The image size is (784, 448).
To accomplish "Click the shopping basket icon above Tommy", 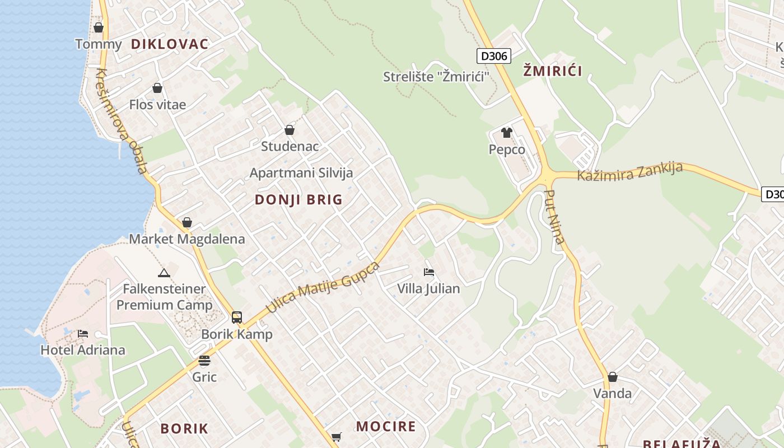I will pos(99,27).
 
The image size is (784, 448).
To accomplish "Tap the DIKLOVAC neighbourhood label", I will pos(170,44).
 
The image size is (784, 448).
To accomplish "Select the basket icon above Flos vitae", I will pos(157,88).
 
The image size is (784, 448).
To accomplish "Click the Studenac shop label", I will pos(290,146).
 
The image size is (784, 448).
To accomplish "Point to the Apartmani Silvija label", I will pos(301,172).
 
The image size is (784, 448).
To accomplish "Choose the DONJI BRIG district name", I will pos(298,200).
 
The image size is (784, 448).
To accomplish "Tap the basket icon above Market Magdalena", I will pos(187,223).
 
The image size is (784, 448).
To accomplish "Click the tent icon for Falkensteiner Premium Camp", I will pos(164,273).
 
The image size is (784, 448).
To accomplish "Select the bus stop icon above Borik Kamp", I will pos(237,318).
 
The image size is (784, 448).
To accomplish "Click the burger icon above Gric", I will pos(204,361).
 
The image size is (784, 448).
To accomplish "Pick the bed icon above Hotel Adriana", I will pos(83,334).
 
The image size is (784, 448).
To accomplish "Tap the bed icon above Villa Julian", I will pos(429,272).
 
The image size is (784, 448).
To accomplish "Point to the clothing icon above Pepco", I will pos(507,133).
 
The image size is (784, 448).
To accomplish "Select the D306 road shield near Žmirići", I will pos(494,56).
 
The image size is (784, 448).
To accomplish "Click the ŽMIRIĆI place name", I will pos(553,71).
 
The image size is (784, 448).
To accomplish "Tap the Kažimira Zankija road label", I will pos(630,172).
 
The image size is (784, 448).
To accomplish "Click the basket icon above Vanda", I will pos(613,377).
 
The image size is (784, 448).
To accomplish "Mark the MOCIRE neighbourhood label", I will pos(386,427).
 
